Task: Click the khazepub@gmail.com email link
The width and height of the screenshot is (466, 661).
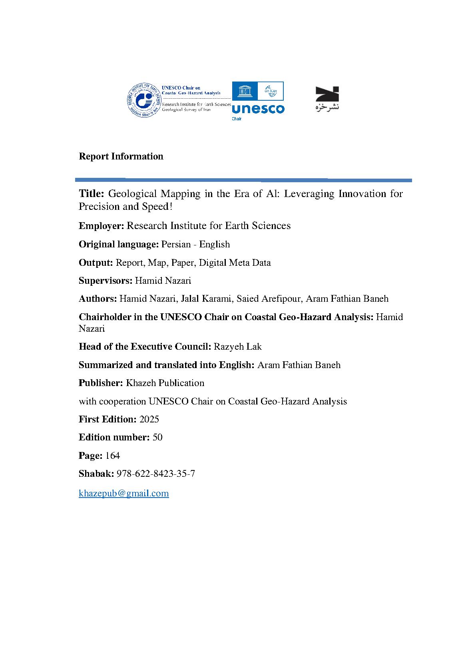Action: (x=123, y=493)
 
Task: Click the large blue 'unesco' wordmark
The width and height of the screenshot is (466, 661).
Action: (x=258, y=109)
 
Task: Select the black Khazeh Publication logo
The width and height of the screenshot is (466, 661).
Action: (x=327, y=98)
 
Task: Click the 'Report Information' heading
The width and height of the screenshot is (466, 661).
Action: (x=121, y=156)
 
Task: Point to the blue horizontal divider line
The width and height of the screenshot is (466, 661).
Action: (x=243, y=180)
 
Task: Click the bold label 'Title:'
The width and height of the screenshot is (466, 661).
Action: (x=92, y=194)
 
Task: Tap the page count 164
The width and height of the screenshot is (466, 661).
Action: (x=112, y=456)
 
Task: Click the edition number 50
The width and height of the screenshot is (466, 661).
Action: (x=157, y=437)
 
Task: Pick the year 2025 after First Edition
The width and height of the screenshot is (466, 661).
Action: (x=149, y=419)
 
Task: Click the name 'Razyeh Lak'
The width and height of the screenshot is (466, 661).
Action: (x=237, y=346)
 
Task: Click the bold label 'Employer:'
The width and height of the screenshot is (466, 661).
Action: (x=102, y=226)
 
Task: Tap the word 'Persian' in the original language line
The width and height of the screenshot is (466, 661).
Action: (x=176, y=244)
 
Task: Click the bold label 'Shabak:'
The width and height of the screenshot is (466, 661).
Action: (x=96, y=474)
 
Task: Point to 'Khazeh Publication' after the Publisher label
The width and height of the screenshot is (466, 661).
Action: (x=165, y=383)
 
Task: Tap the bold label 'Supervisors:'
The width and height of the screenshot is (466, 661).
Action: (x=105, y=281)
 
